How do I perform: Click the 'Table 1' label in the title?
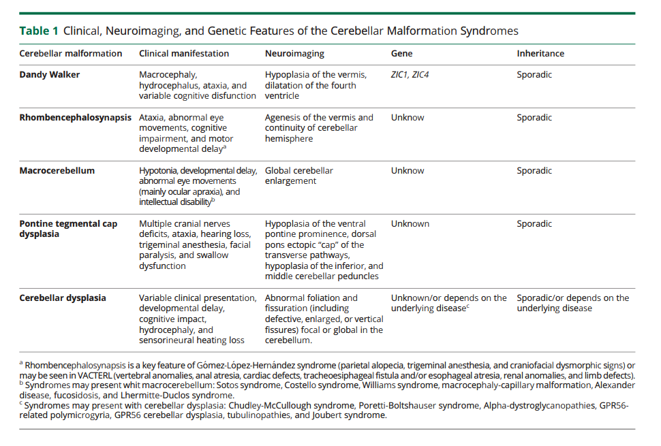point(39,31)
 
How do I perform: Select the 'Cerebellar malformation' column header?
point(71,53)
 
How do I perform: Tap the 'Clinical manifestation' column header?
point(184,53)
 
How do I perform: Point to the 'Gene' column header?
point(401,53)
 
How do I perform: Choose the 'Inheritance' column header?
point(540,53)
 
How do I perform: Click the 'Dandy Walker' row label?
point(49,75)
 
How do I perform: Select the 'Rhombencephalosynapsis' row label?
point(75,117)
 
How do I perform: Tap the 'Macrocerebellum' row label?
point(57,170)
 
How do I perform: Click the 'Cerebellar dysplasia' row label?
point(63,298)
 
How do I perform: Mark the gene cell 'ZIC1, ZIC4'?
point(410,75)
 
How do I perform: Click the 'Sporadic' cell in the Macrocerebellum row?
point(534,170)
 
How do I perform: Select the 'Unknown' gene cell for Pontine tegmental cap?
point(410,223)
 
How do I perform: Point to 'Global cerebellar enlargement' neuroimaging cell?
point(299,176)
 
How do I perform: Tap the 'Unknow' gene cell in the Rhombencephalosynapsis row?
point(408,117)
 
